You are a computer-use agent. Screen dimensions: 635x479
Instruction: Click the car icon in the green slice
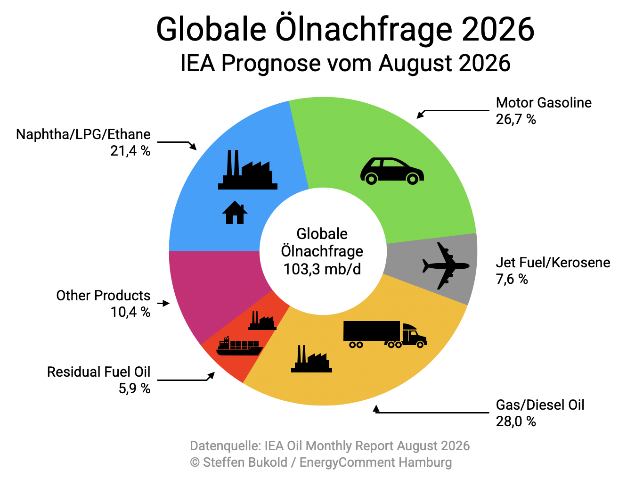tap(392, 171)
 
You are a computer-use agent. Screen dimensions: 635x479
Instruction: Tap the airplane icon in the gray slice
tap(446, 265)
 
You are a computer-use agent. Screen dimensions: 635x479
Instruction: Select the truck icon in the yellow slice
tap(385, 334)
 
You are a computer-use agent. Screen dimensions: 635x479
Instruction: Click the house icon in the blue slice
tap(235, 212)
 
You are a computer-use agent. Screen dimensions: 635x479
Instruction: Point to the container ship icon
tap(239, 346)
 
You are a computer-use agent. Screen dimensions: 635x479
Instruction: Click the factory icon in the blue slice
tap(248, 170)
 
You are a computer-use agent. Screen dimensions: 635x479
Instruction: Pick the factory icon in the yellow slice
tap(311, 359)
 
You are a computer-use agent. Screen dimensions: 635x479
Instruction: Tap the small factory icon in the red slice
tap(262, 321)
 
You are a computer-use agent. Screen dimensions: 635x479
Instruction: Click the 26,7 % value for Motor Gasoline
tap(515, 119)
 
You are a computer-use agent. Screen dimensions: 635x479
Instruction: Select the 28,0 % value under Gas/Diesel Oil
tap(515, 421)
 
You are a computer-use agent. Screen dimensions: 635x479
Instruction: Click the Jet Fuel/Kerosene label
tap(553, 263)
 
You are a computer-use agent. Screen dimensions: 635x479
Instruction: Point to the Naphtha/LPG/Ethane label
tap(83, 134)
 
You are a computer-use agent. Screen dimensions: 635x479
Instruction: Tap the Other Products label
tap(103, 296)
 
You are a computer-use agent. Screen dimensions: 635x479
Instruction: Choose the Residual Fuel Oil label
tap(98, 372)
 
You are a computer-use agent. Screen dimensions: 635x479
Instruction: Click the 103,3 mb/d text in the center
tap(322, 269)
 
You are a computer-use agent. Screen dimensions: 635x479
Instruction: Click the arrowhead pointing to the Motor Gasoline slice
tap(420, 115)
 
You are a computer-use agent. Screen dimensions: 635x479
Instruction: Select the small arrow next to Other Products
tap(163, 303)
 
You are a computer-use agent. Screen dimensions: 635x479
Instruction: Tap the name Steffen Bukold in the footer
tap(245, 462)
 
